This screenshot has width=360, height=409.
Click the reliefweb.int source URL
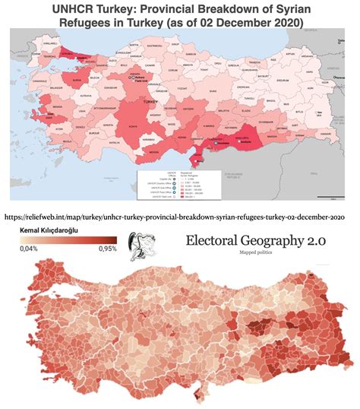pos(180,216)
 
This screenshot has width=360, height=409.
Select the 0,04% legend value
pos(28,248)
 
